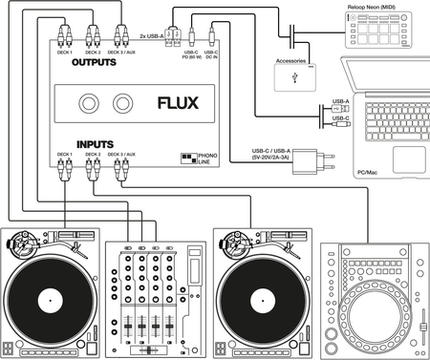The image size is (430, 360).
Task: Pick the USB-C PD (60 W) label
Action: [189, 53]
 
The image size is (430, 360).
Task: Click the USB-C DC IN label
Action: [212, 53]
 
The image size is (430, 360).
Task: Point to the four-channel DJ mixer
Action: [153, 295]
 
